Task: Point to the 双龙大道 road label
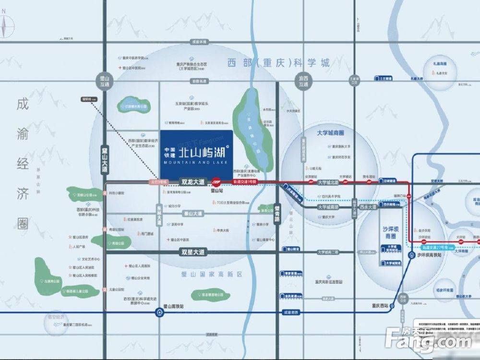(x=192, y=182)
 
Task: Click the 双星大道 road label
(x=192, y=252)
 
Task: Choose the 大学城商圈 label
(x=331, y=132)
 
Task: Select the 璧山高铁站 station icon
(x=159, y=312)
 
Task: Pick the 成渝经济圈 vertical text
(x=22, y=163)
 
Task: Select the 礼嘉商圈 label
(x=439, y=64)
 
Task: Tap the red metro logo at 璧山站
(x=216, y=182)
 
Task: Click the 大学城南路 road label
(x=328, y=207)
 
